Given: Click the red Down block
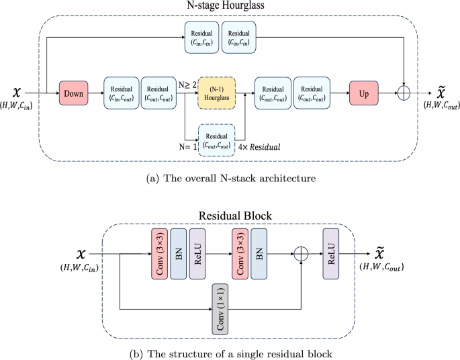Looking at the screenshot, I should pos(75,93).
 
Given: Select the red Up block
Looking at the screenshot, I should pos(364,93).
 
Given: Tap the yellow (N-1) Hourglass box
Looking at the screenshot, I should pos(216,93).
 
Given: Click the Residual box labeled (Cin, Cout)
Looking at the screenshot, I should pos(121,93).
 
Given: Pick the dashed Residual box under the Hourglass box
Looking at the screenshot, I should pos(216,140).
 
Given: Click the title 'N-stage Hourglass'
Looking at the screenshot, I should pos(228,7).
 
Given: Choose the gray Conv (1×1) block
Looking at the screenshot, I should pos(221,308).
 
